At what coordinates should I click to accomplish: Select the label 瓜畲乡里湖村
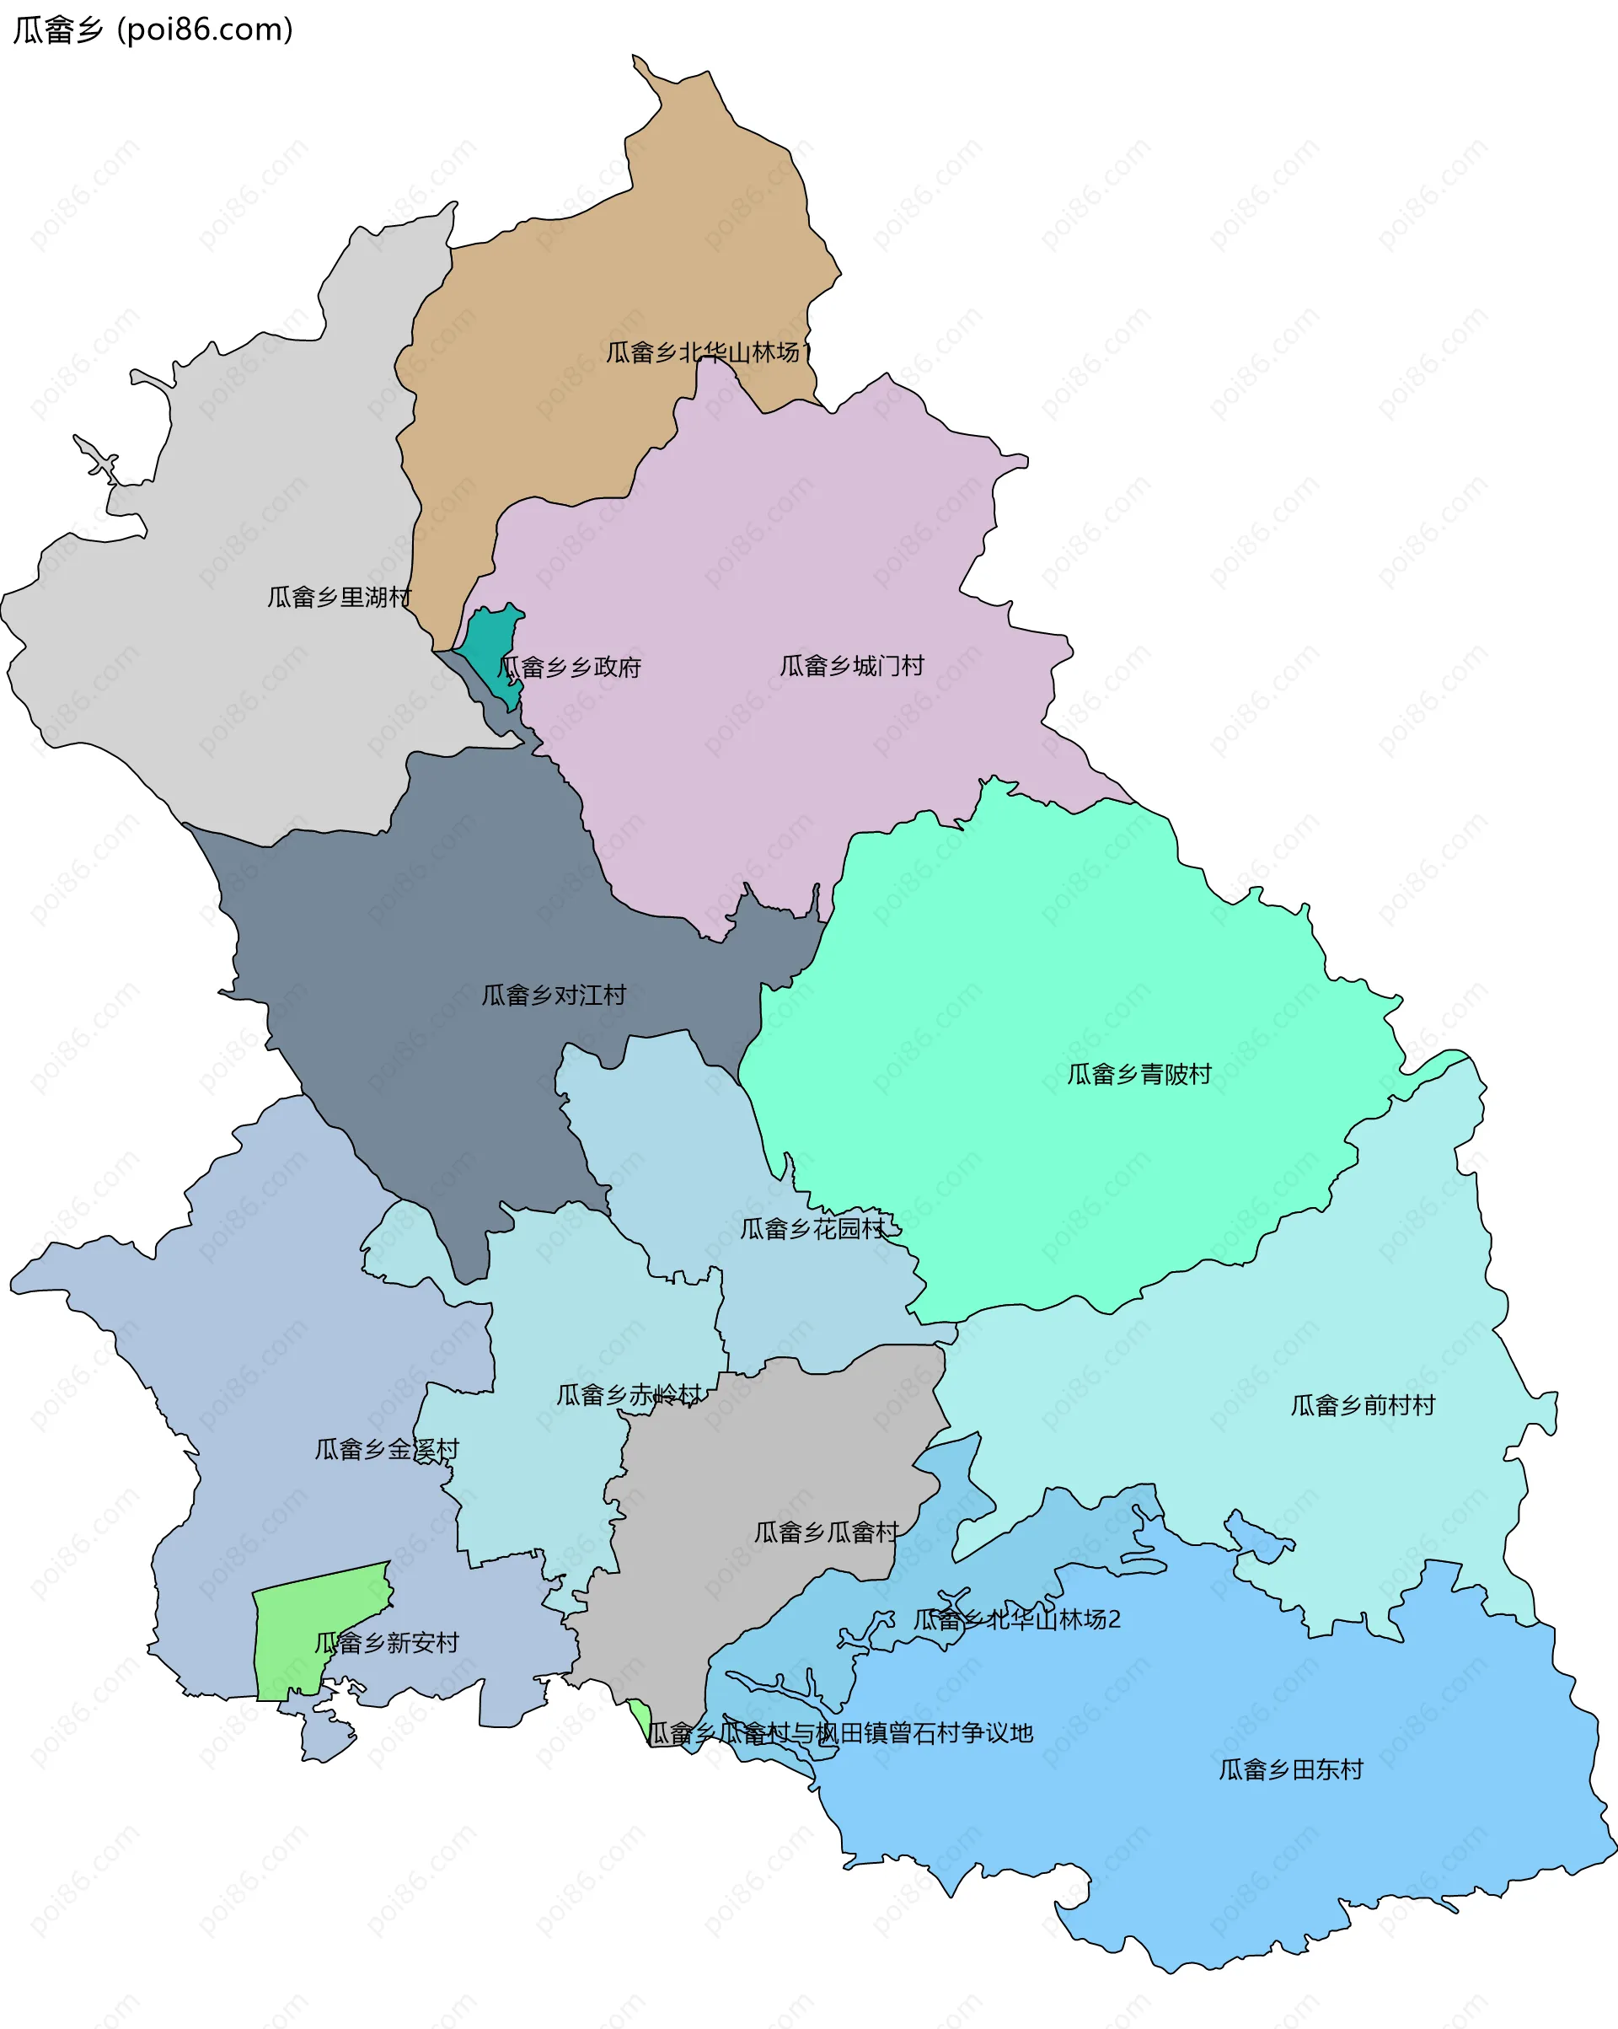tap(339, 597)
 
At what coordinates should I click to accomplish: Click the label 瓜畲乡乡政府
tap(569, 668)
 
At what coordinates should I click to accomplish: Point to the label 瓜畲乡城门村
tap(851, 665)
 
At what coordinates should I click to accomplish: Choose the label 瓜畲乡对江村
tap(553, 995)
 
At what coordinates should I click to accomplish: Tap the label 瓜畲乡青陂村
tap(1138, 1074)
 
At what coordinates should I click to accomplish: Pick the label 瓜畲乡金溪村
tap(386, 1448)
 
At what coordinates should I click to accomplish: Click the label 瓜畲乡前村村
tap(1362, 1405)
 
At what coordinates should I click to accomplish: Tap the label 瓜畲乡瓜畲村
tap(826, 1532)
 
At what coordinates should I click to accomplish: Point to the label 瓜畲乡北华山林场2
tap(1016, 1618)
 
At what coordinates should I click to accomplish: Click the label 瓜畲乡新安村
tap(386, 1642)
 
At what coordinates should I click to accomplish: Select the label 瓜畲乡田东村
tap(1291, 1769)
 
